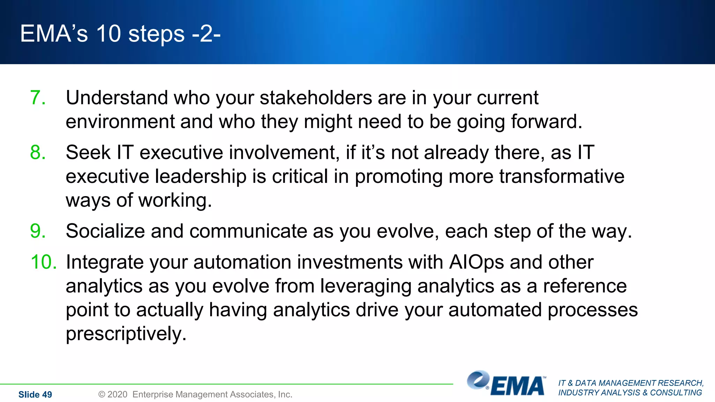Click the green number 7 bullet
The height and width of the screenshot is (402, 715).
click(38, 98)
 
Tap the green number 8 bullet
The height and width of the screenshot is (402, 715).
click(38, 152)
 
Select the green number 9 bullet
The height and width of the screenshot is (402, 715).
click(38, 231)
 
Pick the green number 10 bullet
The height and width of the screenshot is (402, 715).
click(44, 262)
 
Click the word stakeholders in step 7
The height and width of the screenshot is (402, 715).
click(316, 98)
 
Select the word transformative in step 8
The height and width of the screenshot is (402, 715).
click(561, 177)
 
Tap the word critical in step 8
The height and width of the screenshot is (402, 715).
click(300, 177)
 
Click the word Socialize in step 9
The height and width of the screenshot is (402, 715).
click(105, 231)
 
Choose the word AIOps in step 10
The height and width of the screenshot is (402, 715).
click(477, 262)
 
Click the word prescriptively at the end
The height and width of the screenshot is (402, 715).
click(126, 334)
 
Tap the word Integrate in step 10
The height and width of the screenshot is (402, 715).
click(105, 262)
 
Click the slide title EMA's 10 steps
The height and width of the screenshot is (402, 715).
click(120, 34)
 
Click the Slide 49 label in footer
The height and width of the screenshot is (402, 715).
click(35, 395)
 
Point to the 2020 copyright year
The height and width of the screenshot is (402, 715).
click(117, 395)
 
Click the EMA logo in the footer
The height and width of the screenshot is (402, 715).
click(507, 384)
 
